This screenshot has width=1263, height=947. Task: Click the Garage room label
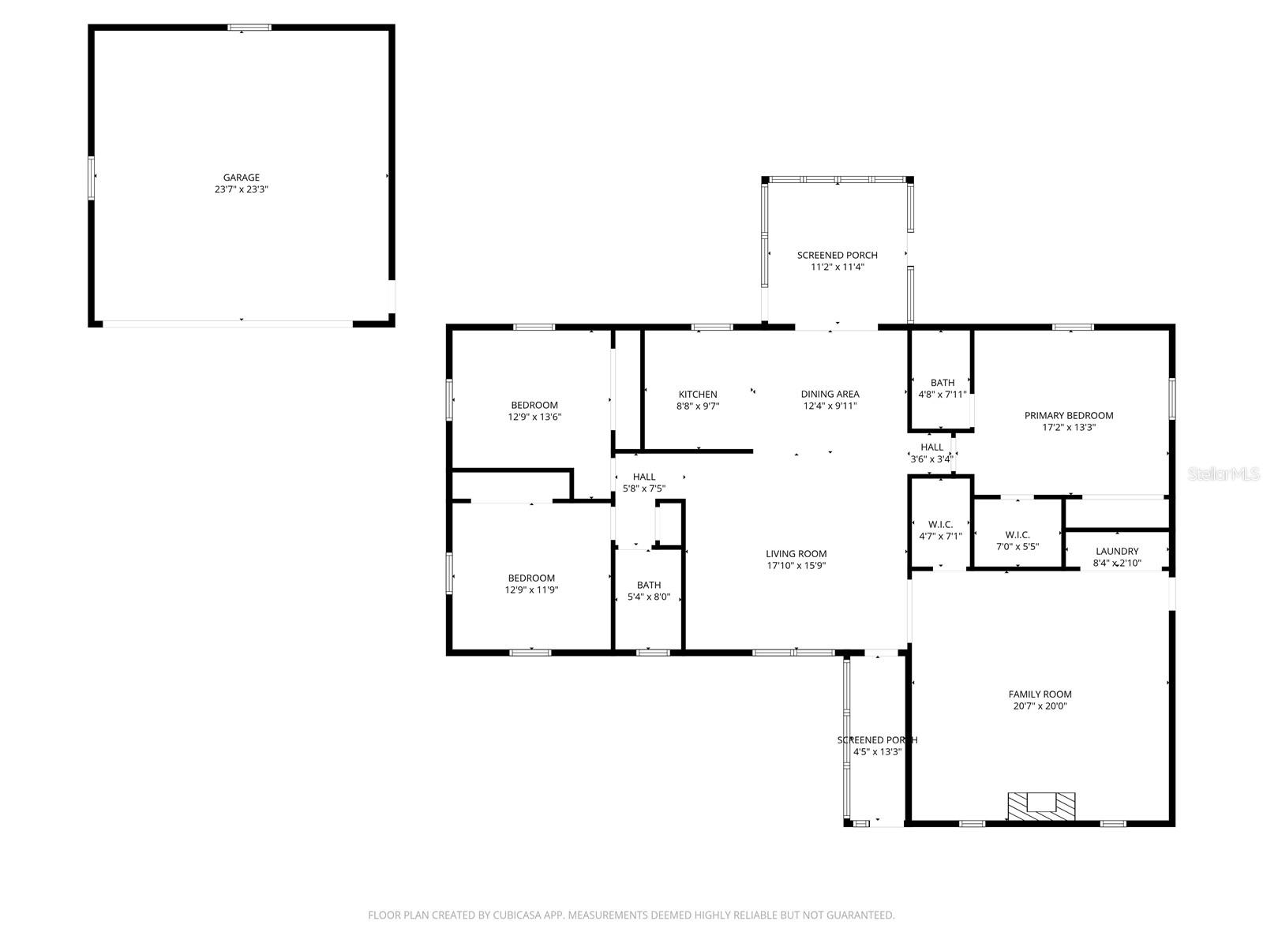click(241, 178)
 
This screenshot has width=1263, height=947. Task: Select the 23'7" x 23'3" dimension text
click(241, 189)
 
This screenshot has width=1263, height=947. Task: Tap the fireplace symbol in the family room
click(1041, 806)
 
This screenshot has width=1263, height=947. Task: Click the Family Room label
click(1040, 694)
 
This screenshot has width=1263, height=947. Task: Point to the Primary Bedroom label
click(1069, 415)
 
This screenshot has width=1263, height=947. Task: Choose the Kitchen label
click(698, 394)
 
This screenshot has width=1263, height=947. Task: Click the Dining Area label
click(830, 394)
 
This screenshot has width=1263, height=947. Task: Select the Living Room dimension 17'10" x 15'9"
click(796, 565)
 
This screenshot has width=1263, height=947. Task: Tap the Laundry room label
click(1117, 551)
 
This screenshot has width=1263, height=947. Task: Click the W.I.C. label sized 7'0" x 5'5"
click(1018, 534)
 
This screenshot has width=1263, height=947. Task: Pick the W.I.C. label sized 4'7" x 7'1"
click(940, 524)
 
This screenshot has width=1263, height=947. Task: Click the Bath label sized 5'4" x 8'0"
click(649, 585)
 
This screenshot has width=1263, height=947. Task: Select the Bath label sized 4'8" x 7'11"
click(942, 383)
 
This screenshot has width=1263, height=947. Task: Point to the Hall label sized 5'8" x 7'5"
click(644, 477)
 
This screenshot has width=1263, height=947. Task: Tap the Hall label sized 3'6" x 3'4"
click(931, 447)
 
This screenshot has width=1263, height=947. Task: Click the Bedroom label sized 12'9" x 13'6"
click(534, 405)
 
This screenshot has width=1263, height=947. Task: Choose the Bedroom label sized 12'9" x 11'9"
click(531, 578)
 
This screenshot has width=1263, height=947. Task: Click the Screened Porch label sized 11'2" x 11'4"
click(837, 255)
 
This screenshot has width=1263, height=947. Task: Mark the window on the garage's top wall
click(249, 28)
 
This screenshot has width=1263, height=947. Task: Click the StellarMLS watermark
click(1224, 473)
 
